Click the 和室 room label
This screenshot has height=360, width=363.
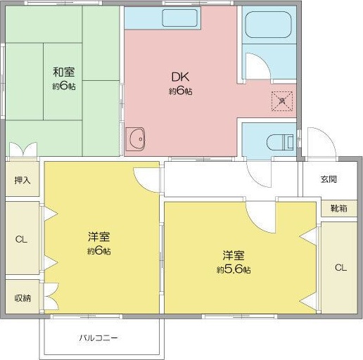click(x=63, y=72)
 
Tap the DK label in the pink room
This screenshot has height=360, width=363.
click(x=180, y=77)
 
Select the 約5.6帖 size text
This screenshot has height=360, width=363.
click(x=234, y=269)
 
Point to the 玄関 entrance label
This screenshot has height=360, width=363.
click(x=329, y=179)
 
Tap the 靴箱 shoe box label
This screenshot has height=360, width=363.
click(x=329, y=209)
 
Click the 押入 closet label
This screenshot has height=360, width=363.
click(x=23, y=181)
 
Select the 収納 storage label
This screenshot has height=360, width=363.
click(x=23, y=298)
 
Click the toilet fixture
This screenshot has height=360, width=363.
click(x=279, y=141)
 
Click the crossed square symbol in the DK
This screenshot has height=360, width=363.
click(x=281, y=101)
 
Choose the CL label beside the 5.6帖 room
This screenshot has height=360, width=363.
click(x=340, y=267)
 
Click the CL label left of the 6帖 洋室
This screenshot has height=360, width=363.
click(x=21, y=240)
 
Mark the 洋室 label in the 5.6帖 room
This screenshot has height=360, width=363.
click(x=234, y=254)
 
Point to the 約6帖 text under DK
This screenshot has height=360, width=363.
click(x=180, y=92)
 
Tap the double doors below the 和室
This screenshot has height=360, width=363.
click(x=23, y=150)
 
